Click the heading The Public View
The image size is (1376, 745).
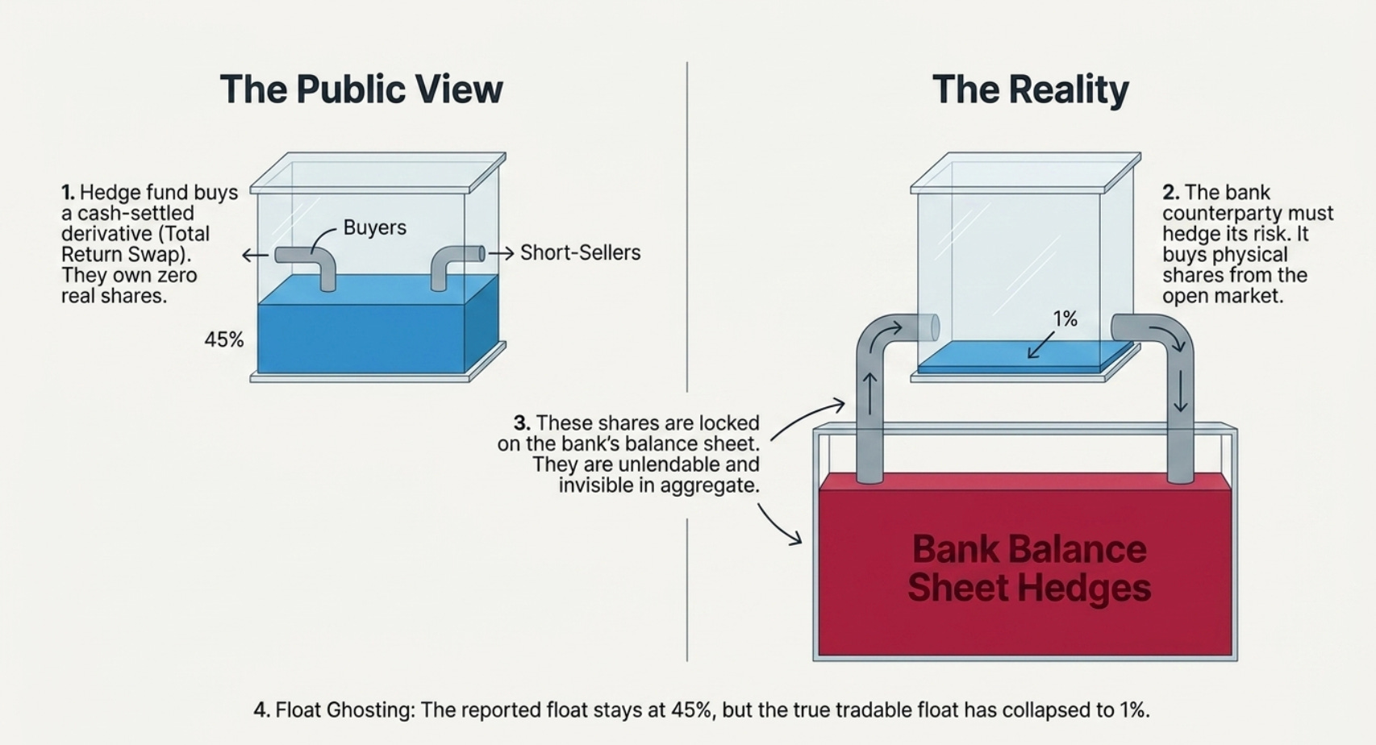coord(361,89)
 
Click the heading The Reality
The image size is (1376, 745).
coord(1030,89)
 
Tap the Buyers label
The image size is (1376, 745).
coord(375,228)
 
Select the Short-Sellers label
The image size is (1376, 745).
coord(581,252)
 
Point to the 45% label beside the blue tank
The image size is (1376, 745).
coord(224,339)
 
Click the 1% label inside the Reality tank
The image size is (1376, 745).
coord(1065,318)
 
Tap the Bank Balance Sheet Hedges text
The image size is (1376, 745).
coord(1029,568)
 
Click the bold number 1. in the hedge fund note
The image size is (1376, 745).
coord(69,192)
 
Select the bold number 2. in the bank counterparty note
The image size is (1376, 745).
coord(1171,192)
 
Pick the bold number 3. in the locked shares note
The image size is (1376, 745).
coord(522,423)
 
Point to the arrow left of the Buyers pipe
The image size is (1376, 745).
coord(255,255)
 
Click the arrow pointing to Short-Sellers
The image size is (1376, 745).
coord(501,253)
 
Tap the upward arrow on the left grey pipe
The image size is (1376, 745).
coord(869,393)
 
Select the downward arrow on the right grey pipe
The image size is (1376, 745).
coord(1181,391)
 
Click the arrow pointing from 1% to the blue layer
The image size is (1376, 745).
coord(1041,345)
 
